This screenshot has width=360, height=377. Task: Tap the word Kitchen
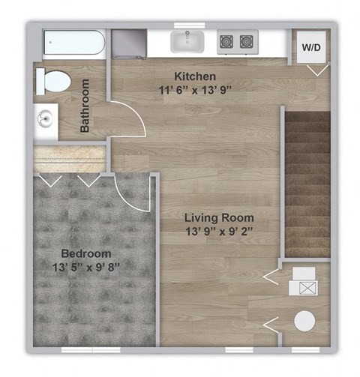195,76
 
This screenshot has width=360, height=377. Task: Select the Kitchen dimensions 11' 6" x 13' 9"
195,90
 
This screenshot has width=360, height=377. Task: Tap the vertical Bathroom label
85,106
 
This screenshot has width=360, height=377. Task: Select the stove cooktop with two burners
235,41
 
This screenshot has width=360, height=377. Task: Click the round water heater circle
304,321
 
